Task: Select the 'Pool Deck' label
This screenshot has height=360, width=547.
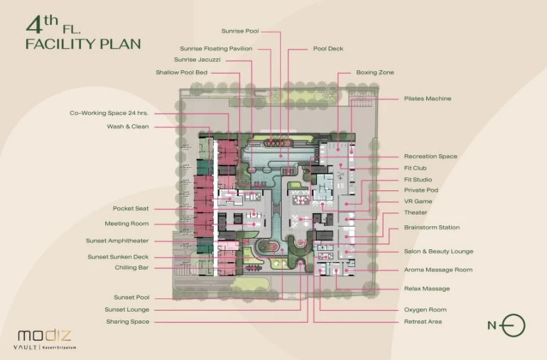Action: click(x=328, y=49)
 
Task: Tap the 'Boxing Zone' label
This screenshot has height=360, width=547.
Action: click(x=375, y=72)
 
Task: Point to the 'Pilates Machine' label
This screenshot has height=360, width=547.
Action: click(x=428, y=99)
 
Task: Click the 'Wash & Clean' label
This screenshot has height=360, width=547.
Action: click(x=128, y=126)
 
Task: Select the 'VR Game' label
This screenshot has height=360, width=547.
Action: click(x=418, y=202)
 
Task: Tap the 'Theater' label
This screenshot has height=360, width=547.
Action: click(x=416, y=212)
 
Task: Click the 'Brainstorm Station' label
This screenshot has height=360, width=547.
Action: click(x=431, y=228)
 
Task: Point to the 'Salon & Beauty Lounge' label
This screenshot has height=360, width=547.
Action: click(x=438, y=251)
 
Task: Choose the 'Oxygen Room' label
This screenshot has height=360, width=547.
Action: click(x=425, y=310)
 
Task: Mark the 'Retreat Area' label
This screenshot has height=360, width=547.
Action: click(x=423, y=322)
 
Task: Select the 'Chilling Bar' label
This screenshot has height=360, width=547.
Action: click(x=131, y=268)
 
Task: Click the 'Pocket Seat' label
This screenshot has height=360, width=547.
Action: click(x=131, y=209)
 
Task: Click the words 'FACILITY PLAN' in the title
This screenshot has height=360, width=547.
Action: click(x=82, y=44)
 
